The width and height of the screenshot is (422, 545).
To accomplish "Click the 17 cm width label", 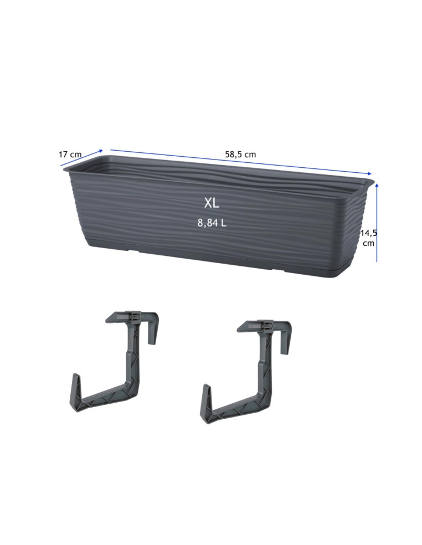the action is coord(70,155).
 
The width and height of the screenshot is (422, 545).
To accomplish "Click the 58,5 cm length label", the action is coord(240,155).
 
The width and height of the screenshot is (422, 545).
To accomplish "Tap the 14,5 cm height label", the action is coord(368,238).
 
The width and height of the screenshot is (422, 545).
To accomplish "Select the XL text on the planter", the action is coord(212,203).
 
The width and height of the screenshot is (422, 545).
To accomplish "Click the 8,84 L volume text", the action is coord(212,223).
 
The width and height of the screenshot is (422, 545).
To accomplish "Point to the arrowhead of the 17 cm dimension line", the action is coord(101,151).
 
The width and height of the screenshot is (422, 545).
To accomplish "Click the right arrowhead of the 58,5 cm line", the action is coord(369,173).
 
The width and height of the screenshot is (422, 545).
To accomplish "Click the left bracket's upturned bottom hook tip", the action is coord(75,375).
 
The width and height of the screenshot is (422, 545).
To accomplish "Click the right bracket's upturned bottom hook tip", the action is coord(207,385).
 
